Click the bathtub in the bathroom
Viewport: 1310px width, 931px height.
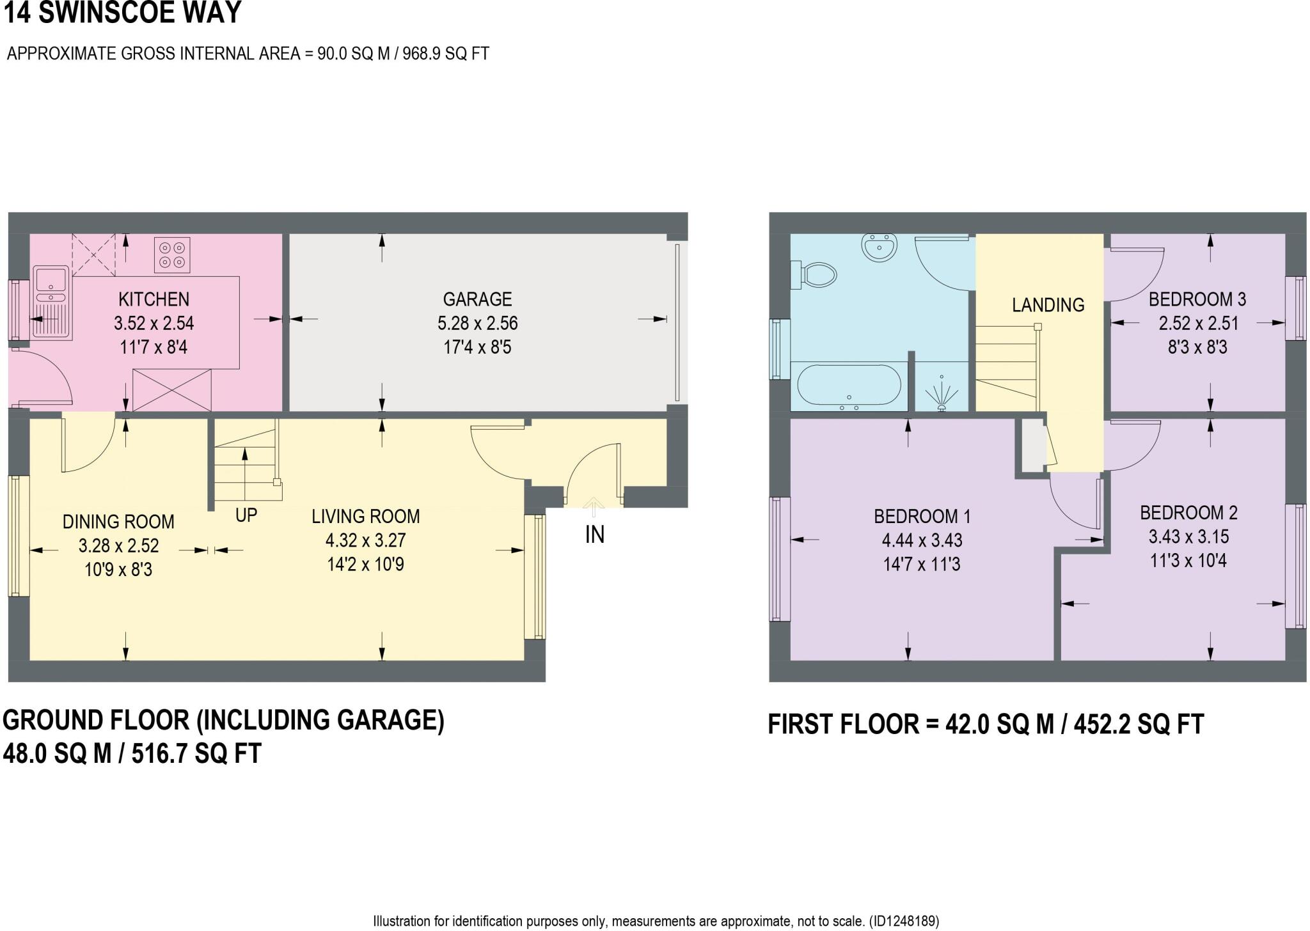(x=849, y=386)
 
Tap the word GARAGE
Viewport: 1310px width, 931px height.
(x=477, y=299)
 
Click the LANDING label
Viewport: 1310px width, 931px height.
(x=1048, y=305)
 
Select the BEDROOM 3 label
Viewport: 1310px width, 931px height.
(x=1197, y=299)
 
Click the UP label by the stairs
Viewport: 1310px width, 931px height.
(x=246, y=515)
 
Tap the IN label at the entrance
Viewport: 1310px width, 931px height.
(x=594, y=535)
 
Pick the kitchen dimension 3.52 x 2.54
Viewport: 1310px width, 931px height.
(x=154, y=324)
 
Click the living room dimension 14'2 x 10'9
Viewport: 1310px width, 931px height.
(x=365, y=565)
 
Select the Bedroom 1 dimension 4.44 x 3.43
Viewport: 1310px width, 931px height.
(x=922, y=540)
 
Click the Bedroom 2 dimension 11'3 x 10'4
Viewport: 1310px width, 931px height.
(x=1188, y=561)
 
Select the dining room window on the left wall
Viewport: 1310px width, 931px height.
(x=19, y=536)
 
